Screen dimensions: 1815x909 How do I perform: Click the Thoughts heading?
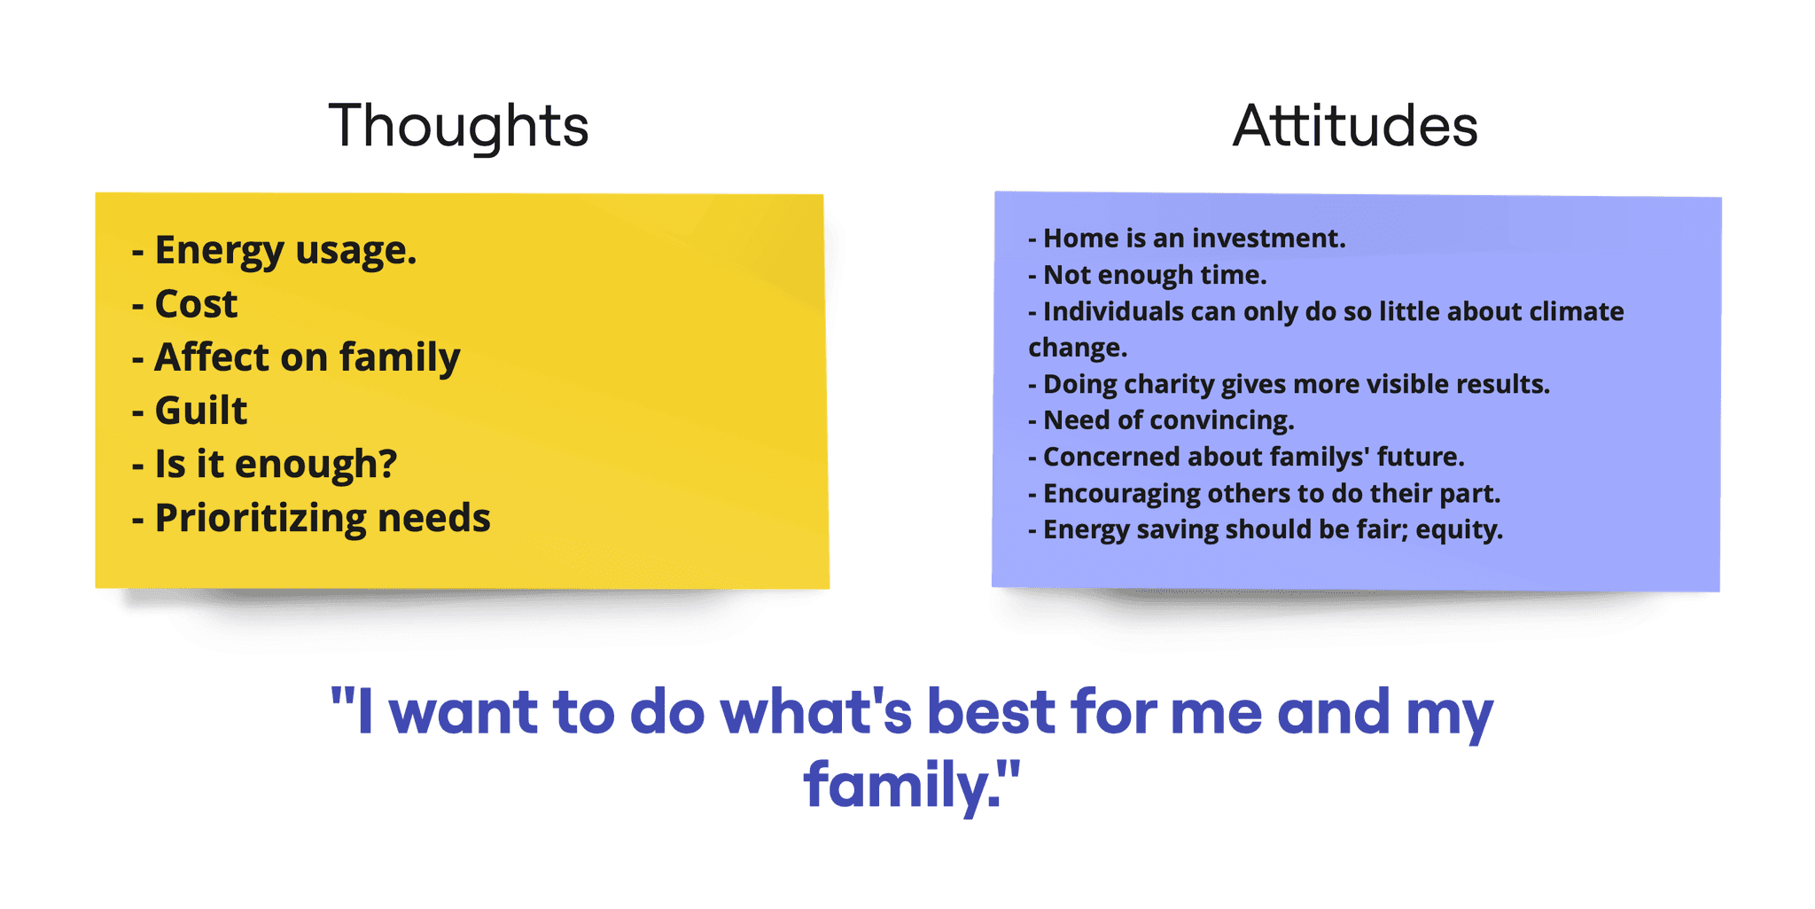458,126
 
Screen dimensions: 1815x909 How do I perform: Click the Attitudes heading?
1355,126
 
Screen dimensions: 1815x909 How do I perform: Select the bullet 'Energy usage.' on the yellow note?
274,251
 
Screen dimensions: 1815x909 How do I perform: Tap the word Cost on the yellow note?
196,304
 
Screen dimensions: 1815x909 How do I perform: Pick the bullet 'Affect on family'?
296,358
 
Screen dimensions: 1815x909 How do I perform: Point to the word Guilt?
201,411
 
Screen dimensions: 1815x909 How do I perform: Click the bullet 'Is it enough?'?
264,465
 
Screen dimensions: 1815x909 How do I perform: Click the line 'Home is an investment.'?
1187,239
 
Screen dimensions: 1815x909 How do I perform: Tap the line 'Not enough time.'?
1148,276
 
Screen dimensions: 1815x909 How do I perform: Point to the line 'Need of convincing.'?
1161,420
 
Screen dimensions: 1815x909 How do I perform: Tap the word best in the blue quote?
991,712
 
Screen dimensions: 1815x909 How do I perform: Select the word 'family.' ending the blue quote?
912,785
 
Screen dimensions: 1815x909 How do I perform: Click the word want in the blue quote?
463,713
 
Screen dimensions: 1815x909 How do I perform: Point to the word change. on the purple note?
1078,349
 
